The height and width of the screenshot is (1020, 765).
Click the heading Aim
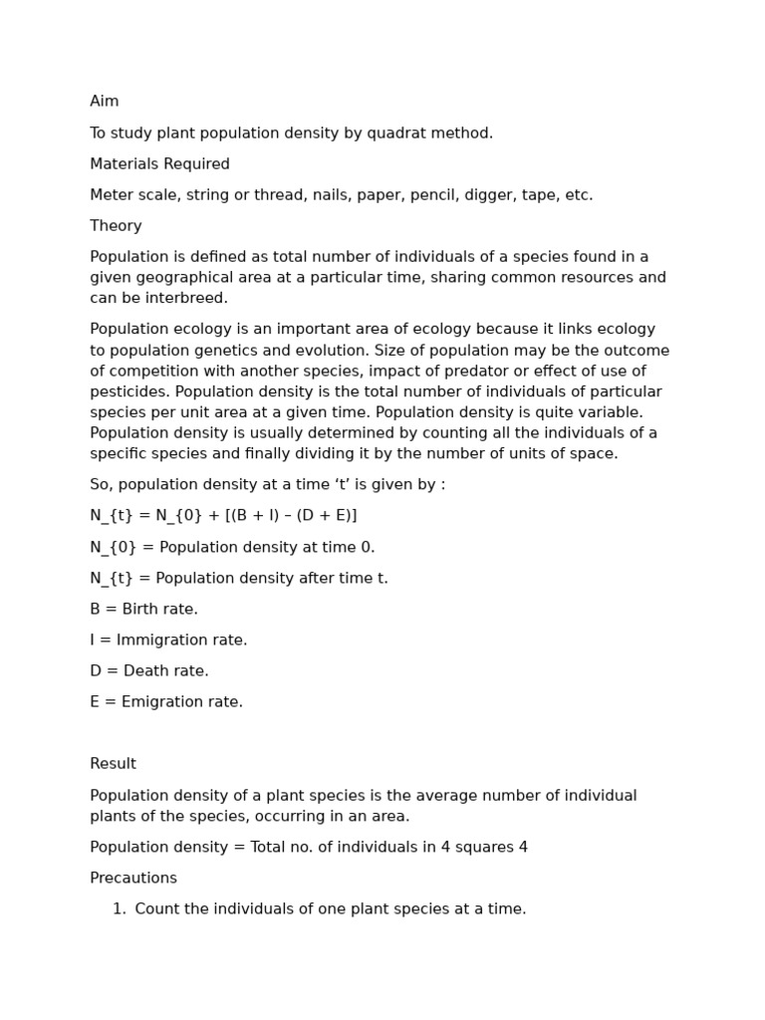tap(104, 102)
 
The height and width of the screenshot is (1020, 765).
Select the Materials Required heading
tap(159, 164)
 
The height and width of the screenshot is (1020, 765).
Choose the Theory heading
tap(116, 226)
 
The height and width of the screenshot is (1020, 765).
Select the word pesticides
tap(129, 392)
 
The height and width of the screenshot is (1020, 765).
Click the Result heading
tap(113, 764)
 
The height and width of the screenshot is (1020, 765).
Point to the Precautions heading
tap(133, 879)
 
